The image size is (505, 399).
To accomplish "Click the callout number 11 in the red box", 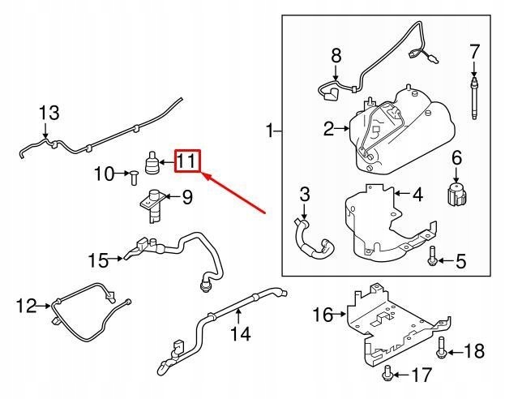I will pyautogui.click(x=186, y=161).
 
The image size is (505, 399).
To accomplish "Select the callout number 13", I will pyautogui.click(x=49, y=112).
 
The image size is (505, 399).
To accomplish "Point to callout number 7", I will pyautogui.click(x=476, y=54).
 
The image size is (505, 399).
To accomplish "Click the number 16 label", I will pyautogui.click(x=323, y=314).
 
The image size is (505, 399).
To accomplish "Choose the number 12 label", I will pyautogui.click(x=26, y=306).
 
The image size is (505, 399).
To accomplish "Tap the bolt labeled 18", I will pyautogui.click(x=441, y=350).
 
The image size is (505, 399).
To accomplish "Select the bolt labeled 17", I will pyautogui.click(x=388, y=374).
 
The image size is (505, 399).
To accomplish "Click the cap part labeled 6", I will pyautogui.click(x=456, y=195).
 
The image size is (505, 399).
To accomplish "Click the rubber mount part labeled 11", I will pyautogui.click(x=150, y=161).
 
